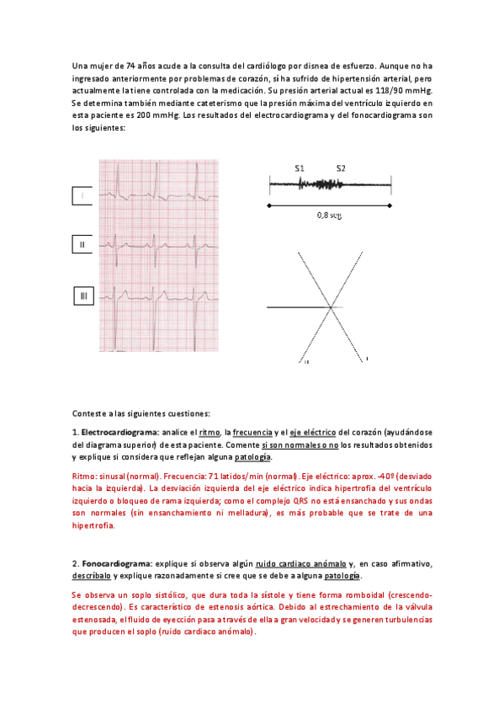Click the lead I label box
click(x=82, y=195)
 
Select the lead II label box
click(x=82, y=245)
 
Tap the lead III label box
click(x=82, y=296)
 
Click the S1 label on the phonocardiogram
click(x=300, y=168)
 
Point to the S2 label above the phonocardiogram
click(x=341, y=168)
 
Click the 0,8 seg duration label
click(x=329, y=215)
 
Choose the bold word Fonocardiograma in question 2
click(x=116, y=562)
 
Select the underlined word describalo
click(x=92, y=575)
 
